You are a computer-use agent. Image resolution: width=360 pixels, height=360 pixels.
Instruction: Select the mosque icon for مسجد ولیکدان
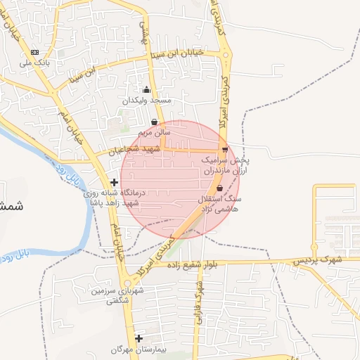(146, 90)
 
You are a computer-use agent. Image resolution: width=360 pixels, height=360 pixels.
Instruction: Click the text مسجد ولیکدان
(147, 101)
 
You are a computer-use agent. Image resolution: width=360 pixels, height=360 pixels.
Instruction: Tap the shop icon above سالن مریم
(154, 122)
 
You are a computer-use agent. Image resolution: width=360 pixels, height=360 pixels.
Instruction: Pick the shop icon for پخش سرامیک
(225, 150)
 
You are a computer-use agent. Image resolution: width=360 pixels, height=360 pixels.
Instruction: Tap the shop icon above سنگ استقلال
(219, 188)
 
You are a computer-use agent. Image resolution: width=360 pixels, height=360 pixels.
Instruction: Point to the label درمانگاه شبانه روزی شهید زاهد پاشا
(114, 197)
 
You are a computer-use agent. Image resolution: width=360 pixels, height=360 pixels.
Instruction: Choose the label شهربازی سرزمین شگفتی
(116, 295)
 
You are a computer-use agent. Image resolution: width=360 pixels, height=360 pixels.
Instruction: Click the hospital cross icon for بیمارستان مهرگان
(139, 338)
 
